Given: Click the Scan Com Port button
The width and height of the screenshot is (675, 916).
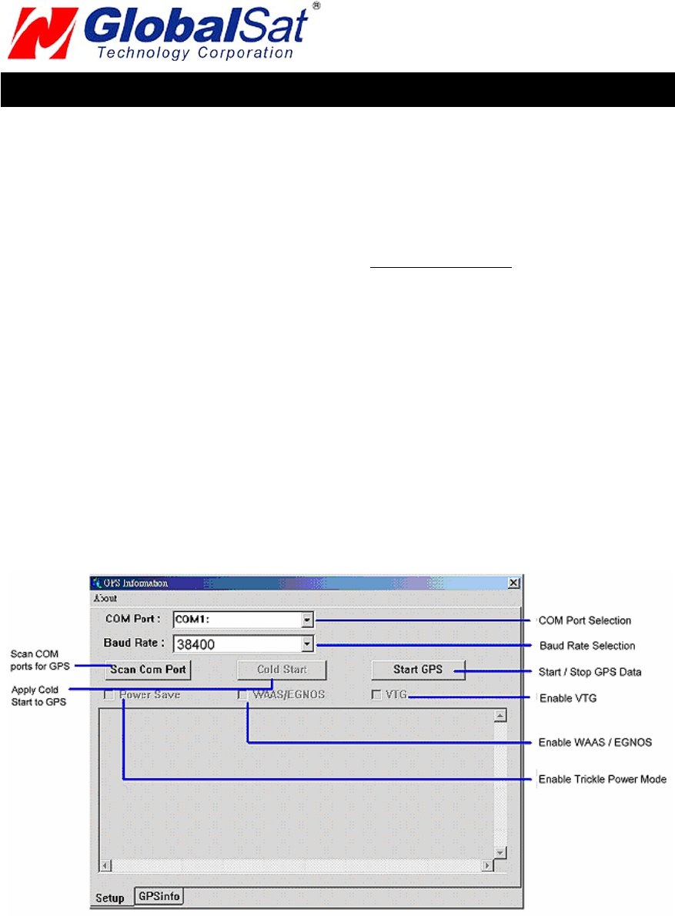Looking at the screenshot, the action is pos(148,670).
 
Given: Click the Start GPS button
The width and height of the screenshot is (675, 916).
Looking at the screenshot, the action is pos(418,670).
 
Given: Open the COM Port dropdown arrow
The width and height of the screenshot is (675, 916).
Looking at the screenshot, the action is pos(307,619).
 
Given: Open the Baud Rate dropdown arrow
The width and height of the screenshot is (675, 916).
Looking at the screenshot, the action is pos(307,644).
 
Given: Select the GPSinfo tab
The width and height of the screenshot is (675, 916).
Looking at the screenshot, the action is pos(159,896).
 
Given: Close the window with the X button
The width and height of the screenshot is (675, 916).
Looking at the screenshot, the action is pos(513,583).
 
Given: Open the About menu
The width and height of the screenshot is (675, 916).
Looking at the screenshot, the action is pos(105,598).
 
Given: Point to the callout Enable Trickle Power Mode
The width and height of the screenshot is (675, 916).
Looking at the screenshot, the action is pos(602,779).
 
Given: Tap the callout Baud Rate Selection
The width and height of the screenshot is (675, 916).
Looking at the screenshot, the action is pos(586,645).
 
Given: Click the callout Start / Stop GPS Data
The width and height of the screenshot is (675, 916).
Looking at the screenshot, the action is pos(590,672).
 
